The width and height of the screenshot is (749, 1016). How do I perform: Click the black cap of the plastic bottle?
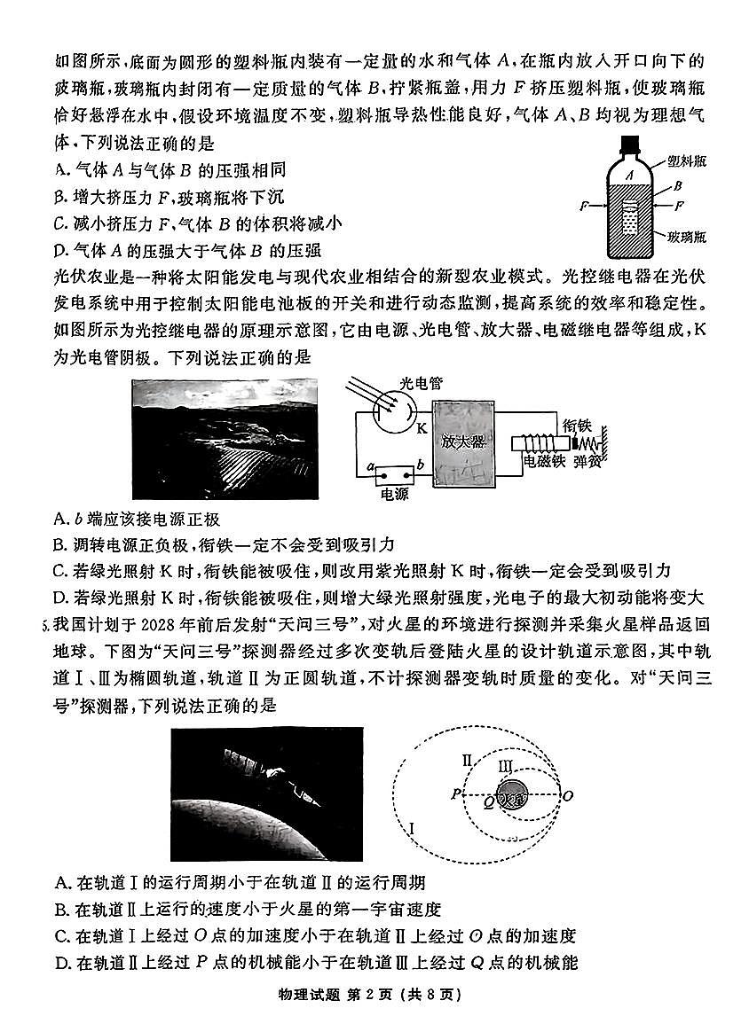629,144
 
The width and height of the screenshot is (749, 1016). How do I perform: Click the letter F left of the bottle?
584,206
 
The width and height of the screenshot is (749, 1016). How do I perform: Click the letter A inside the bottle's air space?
627,176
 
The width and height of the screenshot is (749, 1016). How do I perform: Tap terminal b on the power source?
419,465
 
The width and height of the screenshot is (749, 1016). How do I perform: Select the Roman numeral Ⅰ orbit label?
412,829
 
